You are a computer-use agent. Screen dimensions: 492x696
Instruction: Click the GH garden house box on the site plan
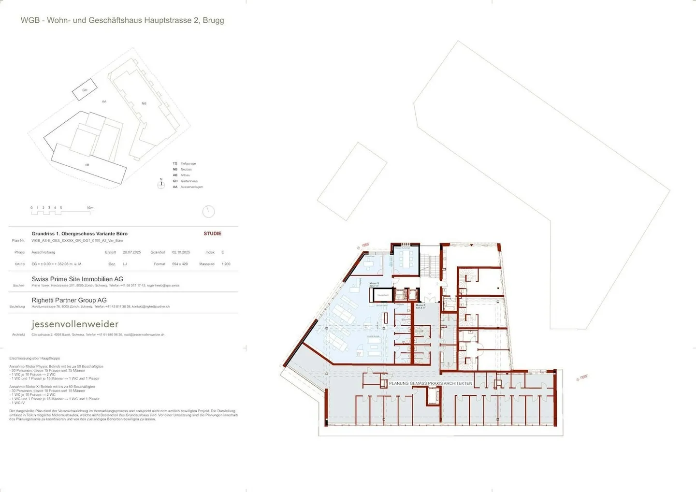(85, 90)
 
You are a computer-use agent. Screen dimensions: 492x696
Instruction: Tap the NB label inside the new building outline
(144, 103)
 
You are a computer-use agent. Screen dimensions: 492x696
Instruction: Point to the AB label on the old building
(87, 165)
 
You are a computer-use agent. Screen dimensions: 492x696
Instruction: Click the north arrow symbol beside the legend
(161, 184)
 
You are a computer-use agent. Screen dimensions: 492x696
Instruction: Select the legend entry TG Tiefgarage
(185, 163)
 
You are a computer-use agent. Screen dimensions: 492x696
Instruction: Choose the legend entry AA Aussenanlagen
(188, 187)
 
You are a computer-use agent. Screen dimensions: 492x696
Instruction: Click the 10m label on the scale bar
(90, 208)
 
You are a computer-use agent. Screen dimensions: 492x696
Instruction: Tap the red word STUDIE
(212, 233)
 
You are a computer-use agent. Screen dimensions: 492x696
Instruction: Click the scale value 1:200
(226, 264)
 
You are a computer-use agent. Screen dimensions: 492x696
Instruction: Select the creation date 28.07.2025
(131, 252)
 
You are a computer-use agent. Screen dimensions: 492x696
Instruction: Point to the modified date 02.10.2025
(181, 252)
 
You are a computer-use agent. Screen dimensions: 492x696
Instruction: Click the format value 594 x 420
(180, 264)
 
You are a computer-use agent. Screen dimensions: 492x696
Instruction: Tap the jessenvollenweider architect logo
(75, 324)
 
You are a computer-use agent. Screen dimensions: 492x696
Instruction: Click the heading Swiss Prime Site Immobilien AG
(77, 279)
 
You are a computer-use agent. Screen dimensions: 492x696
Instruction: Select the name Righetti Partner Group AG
(69, 300)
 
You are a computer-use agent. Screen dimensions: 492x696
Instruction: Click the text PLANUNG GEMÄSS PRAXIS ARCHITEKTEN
(430, 383)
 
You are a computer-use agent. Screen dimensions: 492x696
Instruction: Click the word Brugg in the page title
(213, 20)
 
